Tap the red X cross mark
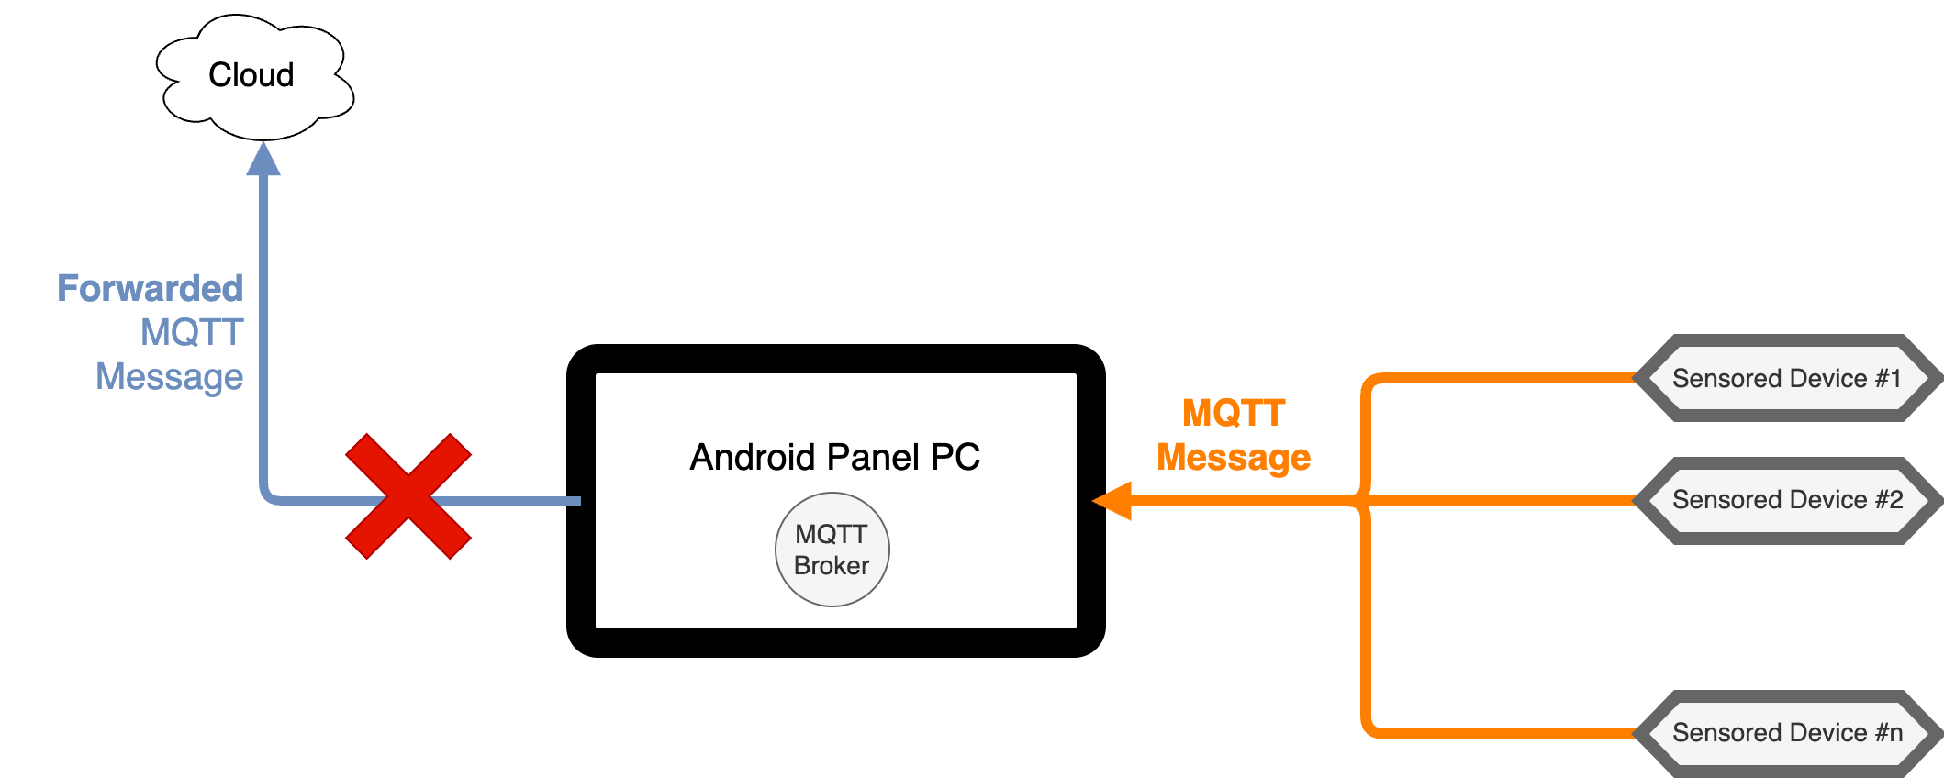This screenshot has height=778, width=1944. tap(408, 496)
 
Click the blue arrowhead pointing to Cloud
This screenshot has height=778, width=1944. tap(263, 160)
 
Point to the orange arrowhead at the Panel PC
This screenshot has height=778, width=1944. tap(1112, 501)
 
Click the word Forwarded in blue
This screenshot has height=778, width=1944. tap(151, 288)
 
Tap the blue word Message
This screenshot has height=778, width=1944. tap(170, 377)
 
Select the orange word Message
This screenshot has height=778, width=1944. tap(1234, 457)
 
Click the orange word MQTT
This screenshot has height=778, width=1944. tap(1234, 413)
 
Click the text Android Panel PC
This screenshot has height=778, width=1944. tap(834, 457)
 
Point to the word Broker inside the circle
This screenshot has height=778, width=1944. tap(832, 566)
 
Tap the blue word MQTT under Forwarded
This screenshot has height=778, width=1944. tap(192, 332)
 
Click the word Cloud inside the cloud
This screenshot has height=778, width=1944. tap(251, 75)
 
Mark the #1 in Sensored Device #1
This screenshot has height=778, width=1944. tap(1887, 378)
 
